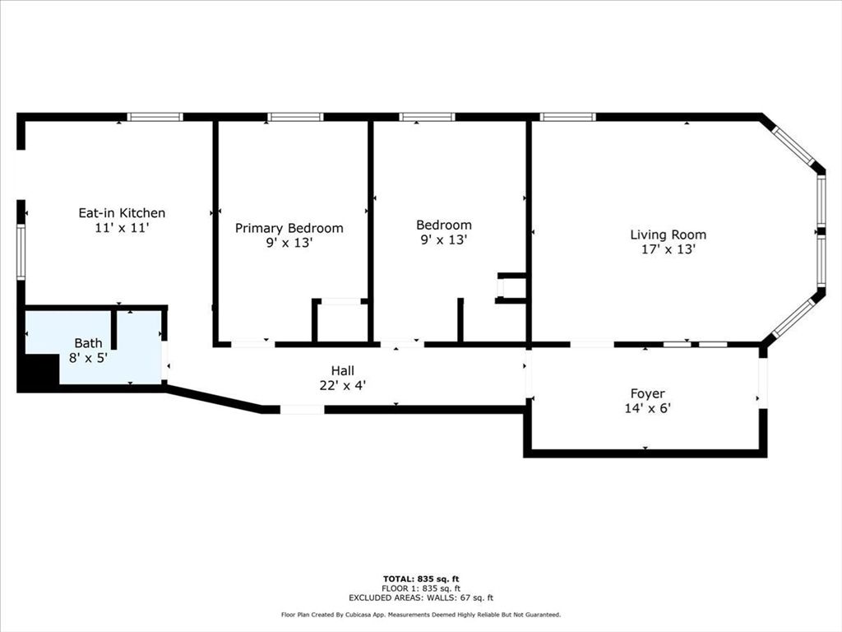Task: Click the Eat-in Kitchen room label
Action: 122,212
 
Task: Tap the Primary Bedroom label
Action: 289,228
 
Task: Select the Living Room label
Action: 668,235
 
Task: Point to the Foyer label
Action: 647,393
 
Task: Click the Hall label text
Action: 342,370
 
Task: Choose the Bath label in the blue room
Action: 89,342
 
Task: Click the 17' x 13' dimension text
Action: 668,249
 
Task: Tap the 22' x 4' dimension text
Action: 343,384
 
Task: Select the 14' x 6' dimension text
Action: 647,407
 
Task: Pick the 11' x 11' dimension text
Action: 122,228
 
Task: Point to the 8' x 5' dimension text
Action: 89,357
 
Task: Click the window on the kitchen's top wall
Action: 155,117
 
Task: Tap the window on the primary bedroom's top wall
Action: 295,117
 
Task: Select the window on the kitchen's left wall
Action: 21,253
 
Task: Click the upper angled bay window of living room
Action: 794,146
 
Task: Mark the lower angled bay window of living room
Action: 794,318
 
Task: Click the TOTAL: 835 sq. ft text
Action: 421,579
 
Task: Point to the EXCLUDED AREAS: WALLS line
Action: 421,598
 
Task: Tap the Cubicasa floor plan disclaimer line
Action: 421,615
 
